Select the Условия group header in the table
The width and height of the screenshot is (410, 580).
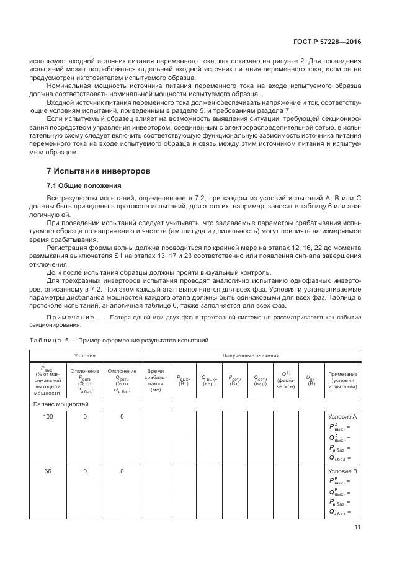point(85,355)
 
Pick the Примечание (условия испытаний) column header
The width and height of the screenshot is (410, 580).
point(342,380)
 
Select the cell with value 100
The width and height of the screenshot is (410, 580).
point(48,417)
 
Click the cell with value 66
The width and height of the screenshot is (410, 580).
point(48,471)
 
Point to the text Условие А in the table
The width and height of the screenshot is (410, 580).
point(342,417)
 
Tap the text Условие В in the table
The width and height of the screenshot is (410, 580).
point(342,471)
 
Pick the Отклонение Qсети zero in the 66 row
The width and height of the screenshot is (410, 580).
point(122,471)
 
